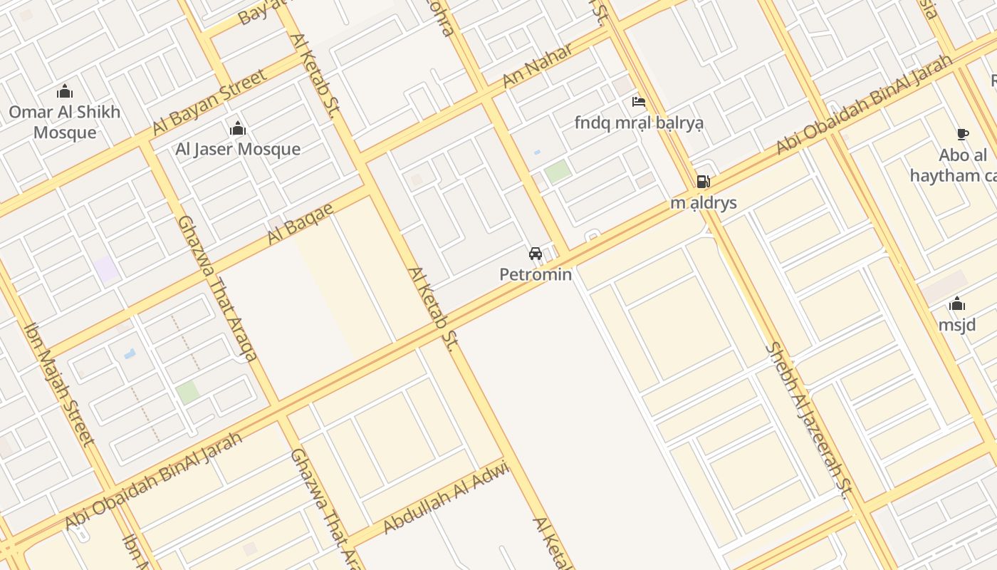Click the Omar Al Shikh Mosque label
[65, 122]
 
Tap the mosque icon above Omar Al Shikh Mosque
[65, 91]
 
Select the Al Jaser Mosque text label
[238, 149]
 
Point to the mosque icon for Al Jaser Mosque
[237, 128]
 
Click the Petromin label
[536, 274]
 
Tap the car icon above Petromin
[536, 254]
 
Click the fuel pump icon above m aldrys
[703, 182]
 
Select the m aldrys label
[704, 203]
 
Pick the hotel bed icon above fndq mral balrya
[639, 102]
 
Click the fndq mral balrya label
[639, 123]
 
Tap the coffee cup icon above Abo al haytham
[962, 134]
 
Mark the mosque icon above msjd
[957, 304]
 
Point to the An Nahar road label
[538, 66]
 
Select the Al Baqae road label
[300, 224]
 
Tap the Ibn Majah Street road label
[59, 384]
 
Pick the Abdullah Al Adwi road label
[446, 497]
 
